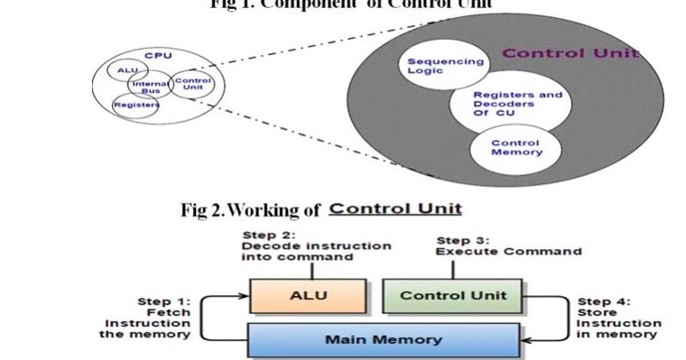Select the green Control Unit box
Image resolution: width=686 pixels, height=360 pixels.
coord(453,295)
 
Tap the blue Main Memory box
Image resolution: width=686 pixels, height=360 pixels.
coord(383,339)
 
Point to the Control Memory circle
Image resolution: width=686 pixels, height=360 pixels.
coord(514,147)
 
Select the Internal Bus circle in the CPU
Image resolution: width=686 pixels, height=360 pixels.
coord(150,88)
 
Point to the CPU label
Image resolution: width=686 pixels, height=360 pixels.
coord(158,55)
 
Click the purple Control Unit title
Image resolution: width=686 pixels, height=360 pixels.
coord(569,53)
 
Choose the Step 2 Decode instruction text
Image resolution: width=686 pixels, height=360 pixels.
coord(315,245)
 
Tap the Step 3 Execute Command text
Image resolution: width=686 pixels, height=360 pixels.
coord(508,246)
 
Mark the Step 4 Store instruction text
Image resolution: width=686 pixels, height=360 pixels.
coord(618,317)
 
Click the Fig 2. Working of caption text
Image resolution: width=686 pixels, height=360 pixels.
coord(251,210)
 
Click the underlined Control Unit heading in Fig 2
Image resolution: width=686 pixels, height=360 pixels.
coord(394,208)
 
